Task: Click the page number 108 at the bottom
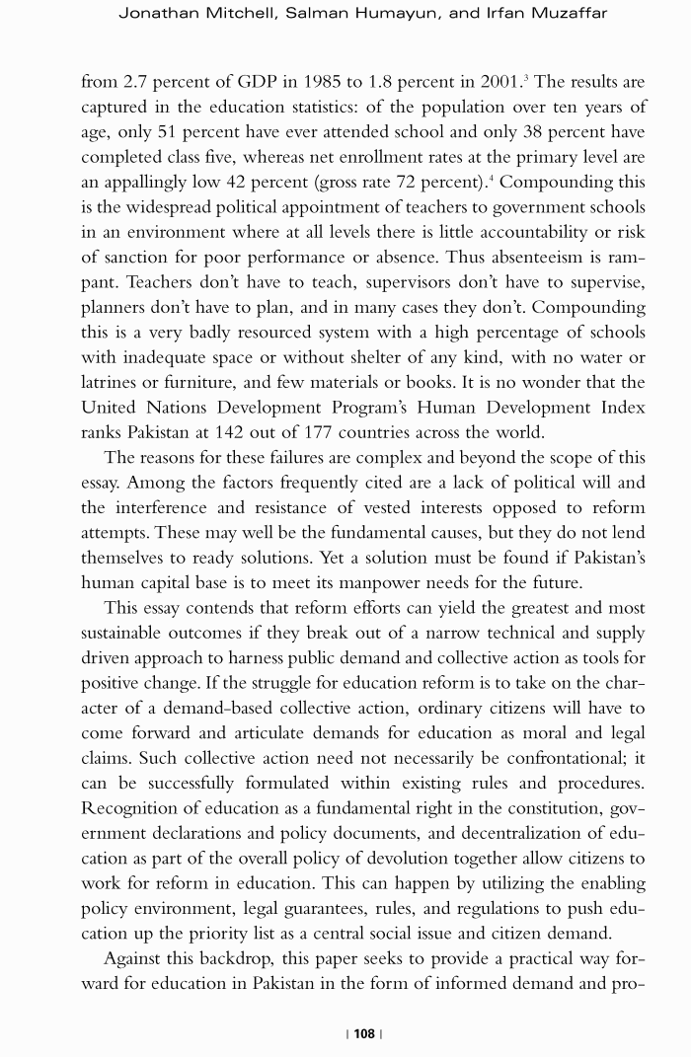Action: [x=364, y=1033]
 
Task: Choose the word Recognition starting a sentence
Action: [x=132, y=808]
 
